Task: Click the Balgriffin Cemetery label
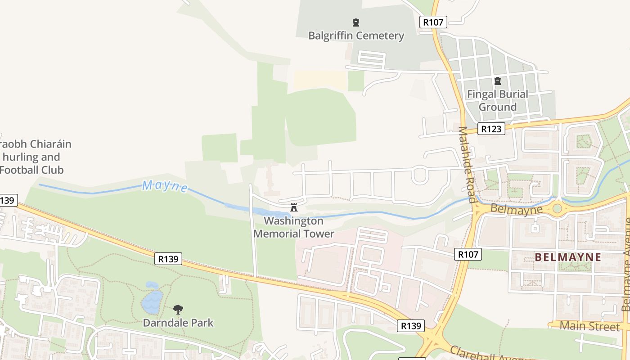(x=356, y=36)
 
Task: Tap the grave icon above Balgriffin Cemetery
(x=356, y=22)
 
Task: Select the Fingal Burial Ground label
(x=497, y=100)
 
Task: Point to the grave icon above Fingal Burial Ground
(x=498, y=81)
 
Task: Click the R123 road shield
(x=491, y=129)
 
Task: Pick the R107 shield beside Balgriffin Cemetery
(x=433, y=22)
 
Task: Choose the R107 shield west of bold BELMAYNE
(x=468, y=254)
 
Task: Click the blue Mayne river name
(x=165, y=186)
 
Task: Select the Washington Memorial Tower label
(x=294, y=227)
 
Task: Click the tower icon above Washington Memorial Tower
(x=294, y=207)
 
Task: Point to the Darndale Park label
(x=178, y=323)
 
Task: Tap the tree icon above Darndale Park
(x=178, y=310)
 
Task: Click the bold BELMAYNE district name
(x=568, y=257)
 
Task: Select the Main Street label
(x=589, y=326)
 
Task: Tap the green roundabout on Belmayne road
(x=558, y=208)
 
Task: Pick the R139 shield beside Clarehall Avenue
(x=411, y=325)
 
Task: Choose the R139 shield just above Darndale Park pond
(x=169, y=259)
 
